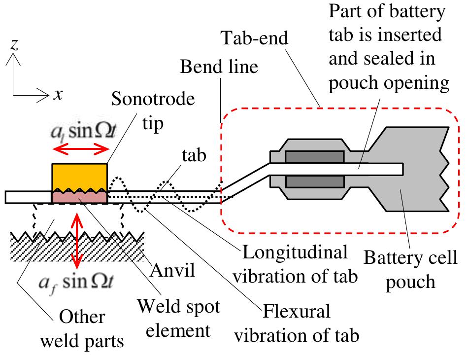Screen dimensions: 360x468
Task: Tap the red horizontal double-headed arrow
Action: point(80,148)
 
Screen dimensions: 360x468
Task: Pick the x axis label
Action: point(58,94)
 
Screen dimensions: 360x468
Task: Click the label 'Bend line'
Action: point(219,67)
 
